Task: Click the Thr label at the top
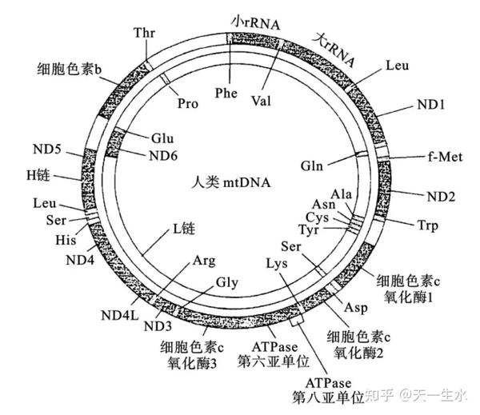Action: (144, 34)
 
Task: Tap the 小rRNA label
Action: (255, 22)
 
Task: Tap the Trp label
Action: (427, 226)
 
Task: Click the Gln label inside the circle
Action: (313, 166)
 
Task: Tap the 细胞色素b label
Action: (70, 69)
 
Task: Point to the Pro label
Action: (187, 104)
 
